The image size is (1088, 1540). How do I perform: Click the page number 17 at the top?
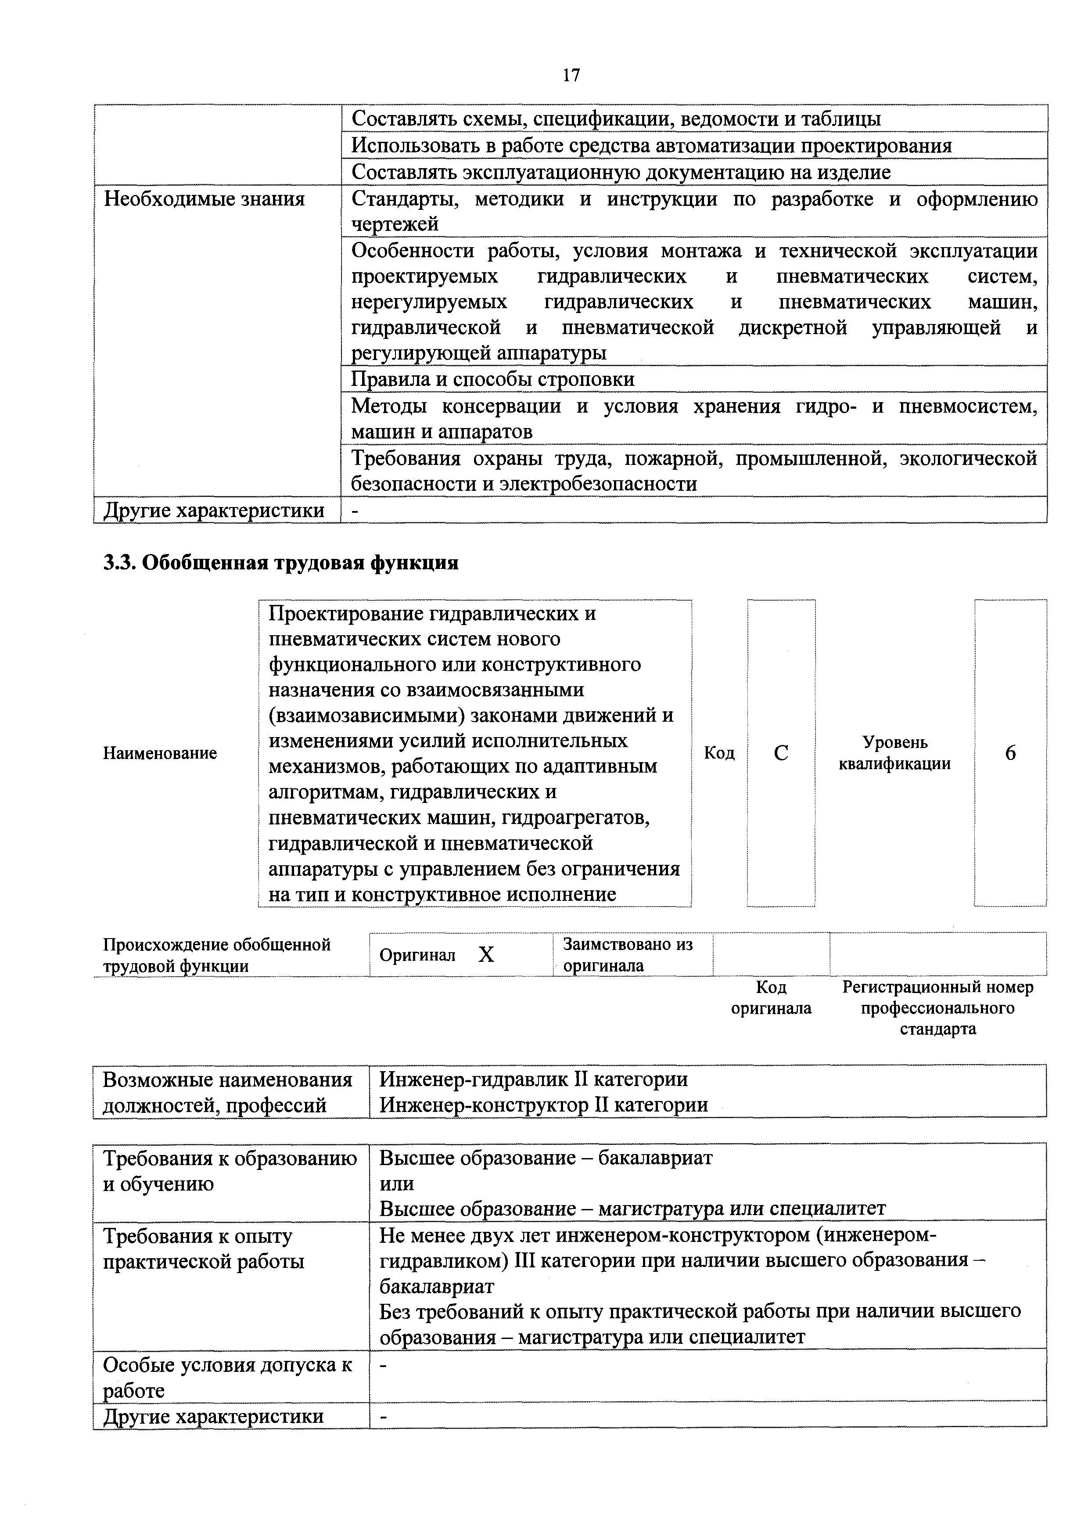point(571,75)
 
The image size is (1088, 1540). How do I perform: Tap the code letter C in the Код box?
point(781,753)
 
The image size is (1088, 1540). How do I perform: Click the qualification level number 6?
point(1010,753)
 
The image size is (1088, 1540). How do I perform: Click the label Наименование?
point(160,753)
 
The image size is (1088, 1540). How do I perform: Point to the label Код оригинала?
point(771,997)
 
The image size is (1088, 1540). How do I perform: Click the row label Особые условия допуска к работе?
point(227,1377)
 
